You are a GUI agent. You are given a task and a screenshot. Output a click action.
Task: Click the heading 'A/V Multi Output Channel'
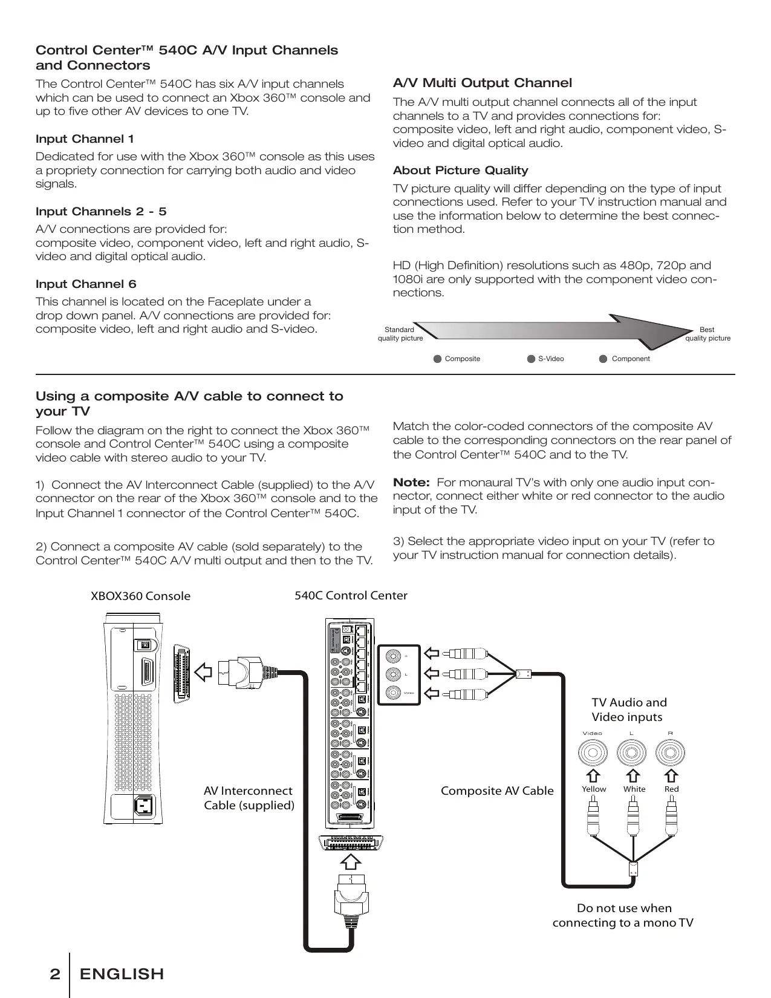(x=482, y=83)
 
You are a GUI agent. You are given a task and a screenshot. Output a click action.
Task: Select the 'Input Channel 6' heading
(x=86, y=284)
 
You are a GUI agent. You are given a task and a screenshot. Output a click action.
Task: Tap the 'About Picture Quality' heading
(x=460, y=171)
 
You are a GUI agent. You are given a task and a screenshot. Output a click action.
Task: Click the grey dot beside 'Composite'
(x=438, y=359)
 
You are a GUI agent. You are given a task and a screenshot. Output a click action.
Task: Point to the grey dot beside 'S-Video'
(x=531, y=359)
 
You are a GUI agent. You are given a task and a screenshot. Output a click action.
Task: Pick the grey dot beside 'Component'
(x=603, y=359)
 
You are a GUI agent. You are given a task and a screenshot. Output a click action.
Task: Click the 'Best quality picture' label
(x=707, y=334)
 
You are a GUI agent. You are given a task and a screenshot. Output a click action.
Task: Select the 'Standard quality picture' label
(x=400, y=334)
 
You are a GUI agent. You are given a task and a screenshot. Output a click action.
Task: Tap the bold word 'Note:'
(x=411, y=483)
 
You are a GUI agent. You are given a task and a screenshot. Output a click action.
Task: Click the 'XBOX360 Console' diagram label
(x=140, y=596)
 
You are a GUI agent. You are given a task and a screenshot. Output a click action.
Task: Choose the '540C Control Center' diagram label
(x=351, y=596)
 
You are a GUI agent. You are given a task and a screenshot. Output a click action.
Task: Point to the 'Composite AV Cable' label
(x=497, y=791)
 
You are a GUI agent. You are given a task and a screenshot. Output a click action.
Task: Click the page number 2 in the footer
(x=55, y=974)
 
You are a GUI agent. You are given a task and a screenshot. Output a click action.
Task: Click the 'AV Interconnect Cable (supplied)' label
(x=249, y=798)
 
